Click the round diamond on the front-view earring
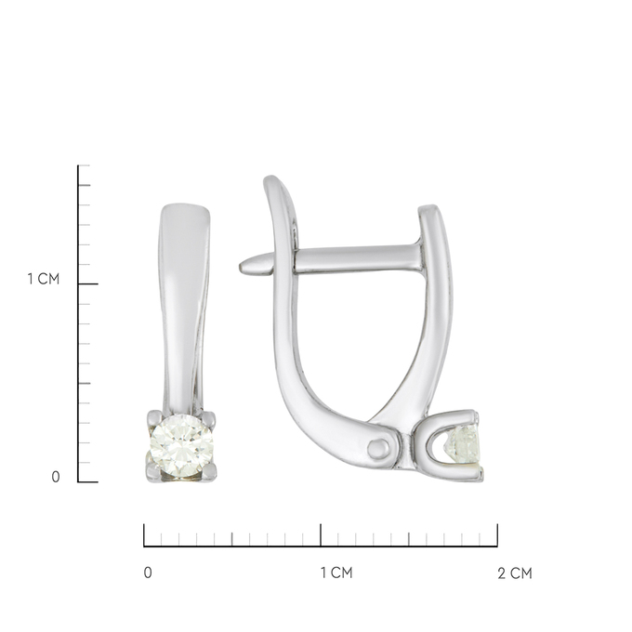[x=181, y=446]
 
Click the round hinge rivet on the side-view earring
[x=378, y=449]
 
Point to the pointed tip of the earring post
[x=240, y=268]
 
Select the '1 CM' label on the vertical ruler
[x=43, y=279]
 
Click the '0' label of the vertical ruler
[x=56, y=477]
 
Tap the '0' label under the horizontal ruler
[x=148, y=573]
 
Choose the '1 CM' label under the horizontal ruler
[x=336, y=573]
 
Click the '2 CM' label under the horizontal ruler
[x=515, y=573]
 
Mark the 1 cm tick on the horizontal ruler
[x=321, y=534]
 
